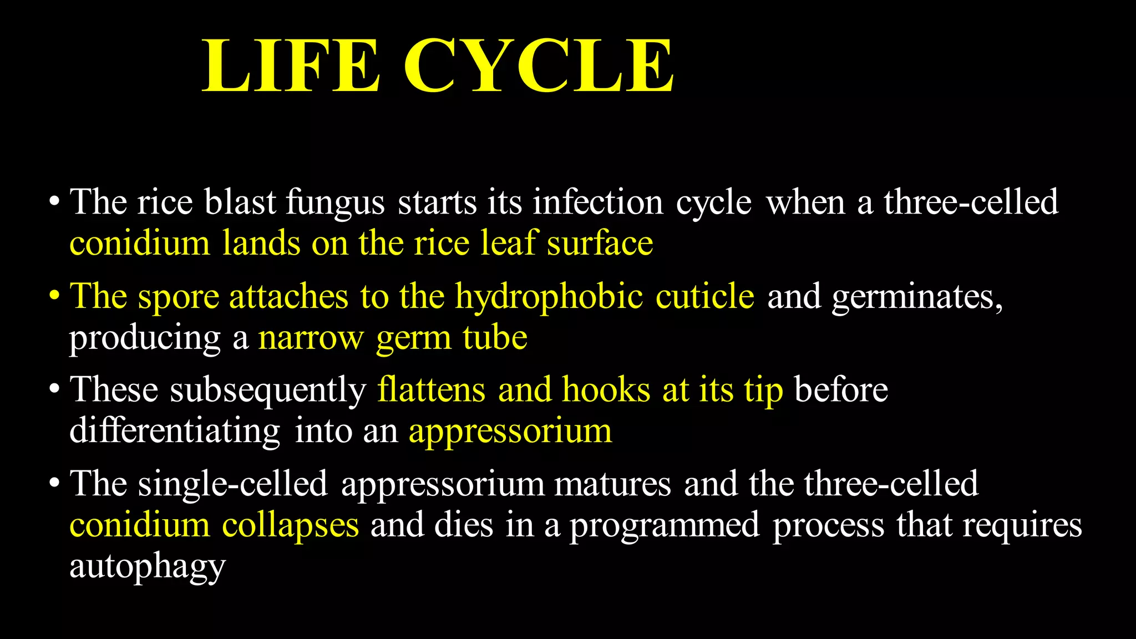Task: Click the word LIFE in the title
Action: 291,66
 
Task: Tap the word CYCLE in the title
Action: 539,66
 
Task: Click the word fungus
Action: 335,203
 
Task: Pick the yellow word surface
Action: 600,244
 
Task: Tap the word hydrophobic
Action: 549,297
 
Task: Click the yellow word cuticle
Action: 704,296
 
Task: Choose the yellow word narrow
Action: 311,338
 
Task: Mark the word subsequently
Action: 268,390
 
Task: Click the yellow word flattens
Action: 432,389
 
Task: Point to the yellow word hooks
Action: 606,389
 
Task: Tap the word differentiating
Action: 175,431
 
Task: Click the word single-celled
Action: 233,484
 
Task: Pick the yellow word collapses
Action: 291,525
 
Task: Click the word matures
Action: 612,484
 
